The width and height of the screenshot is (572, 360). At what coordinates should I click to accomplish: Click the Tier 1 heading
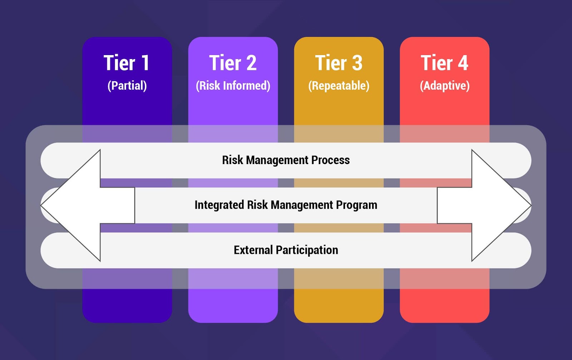click(x=127, y=63)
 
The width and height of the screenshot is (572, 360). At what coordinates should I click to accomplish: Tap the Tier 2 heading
click(x=233, y=63)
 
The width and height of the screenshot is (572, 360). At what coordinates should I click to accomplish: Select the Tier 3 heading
click(x=339, y=63)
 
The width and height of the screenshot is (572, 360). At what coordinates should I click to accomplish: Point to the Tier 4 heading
click(x=444, y=63)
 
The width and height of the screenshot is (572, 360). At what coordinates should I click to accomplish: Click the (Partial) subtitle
click(x=127, y=86)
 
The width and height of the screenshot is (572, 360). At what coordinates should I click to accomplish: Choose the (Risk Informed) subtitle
click(x=233, y=86)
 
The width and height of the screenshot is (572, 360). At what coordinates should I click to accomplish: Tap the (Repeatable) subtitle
click(x=339, y=86)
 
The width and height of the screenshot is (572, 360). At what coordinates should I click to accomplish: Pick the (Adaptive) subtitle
click(x=444, y=86)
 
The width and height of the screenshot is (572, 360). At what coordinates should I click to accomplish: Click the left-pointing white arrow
click(x=82, y=205)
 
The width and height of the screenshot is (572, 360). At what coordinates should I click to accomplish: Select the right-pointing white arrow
click(x=490, y=205)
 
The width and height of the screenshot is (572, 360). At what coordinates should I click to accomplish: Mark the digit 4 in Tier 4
click(x=463, y=63)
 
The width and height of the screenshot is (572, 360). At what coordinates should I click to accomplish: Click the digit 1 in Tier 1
click(x=145, y=63)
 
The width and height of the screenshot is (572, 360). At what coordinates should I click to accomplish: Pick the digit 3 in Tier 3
click(x=357, y=63)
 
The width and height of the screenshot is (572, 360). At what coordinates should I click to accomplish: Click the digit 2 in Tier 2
click(x=251, y=63)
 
